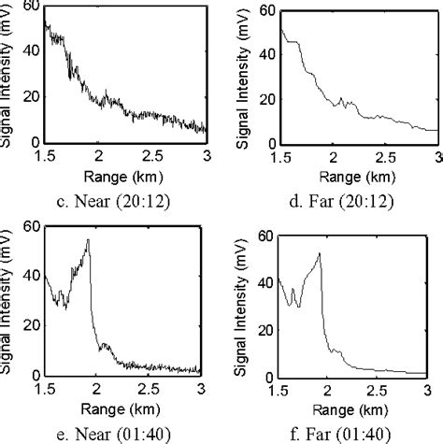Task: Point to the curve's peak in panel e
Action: (88, 240)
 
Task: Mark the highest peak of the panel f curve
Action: (320, 253)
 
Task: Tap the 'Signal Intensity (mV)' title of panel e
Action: (8, 298)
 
